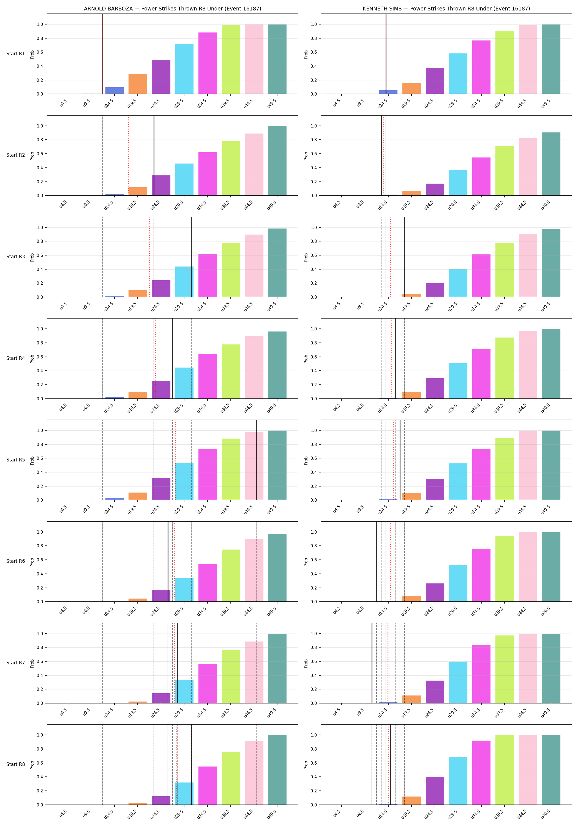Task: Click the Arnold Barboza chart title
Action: (x=172, y=9)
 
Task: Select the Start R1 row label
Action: (x=15, y=54)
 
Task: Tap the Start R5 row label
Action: (x=15, y=460)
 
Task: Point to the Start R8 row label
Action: (x=15, y=764)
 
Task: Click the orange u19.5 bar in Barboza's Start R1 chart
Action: (x=138, y=84)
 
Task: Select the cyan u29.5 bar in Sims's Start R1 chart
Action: (x=458, y=74)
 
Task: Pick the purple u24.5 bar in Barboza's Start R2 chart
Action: (x=161, y=185)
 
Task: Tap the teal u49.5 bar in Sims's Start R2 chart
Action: (x=551, y=164)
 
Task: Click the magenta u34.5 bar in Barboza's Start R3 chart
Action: (x=208, y=276)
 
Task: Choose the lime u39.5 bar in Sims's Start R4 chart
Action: (x=505, y=368)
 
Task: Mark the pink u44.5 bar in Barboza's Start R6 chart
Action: (x=254, y=570)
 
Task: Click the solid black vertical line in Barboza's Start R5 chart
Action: (x=257, y=460)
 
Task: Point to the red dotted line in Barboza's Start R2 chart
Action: (x=129, y=155)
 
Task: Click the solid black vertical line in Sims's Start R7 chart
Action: (x=372, y=663)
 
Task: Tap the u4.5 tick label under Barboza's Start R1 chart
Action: (x=63, y=103)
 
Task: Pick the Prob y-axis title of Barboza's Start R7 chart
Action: (x=32, y=663)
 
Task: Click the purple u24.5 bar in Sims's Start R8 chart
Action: (x=435, y=791)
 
